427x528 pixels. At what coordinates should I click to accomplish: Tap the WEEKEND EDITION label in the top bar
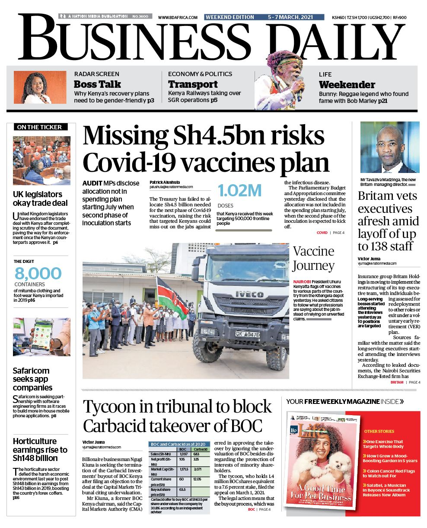coord(229,17)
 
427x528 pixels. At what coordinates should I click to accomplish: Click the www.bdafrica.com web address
coord(178,17)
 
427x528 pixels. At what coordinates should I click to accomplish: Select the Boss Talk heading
coord(97,84)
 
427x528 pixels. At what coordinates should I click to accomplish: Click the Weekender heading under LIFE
coord(347,85)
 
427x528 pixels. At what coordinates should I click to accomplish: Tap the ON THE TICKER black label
coord(40,127)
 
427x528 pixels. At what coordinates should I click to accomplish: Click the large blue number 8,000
coord(38,274)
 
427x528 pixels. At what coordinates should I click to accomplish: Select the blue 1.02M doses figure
coord(240,191)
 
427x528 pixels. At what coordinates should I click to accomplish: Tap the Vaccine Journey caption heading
coord(314,258)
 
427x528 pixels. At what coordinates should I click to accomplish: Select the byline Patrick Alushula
coord(165,182)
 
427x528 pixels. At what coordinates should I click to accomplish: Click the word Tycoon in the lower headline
coord(111,407)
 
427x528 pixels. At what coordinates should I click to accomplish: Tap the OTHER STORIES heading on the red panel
coord(379,431)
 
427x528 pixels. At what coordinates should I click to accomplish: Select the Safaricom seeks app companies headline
coord(33,379)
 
